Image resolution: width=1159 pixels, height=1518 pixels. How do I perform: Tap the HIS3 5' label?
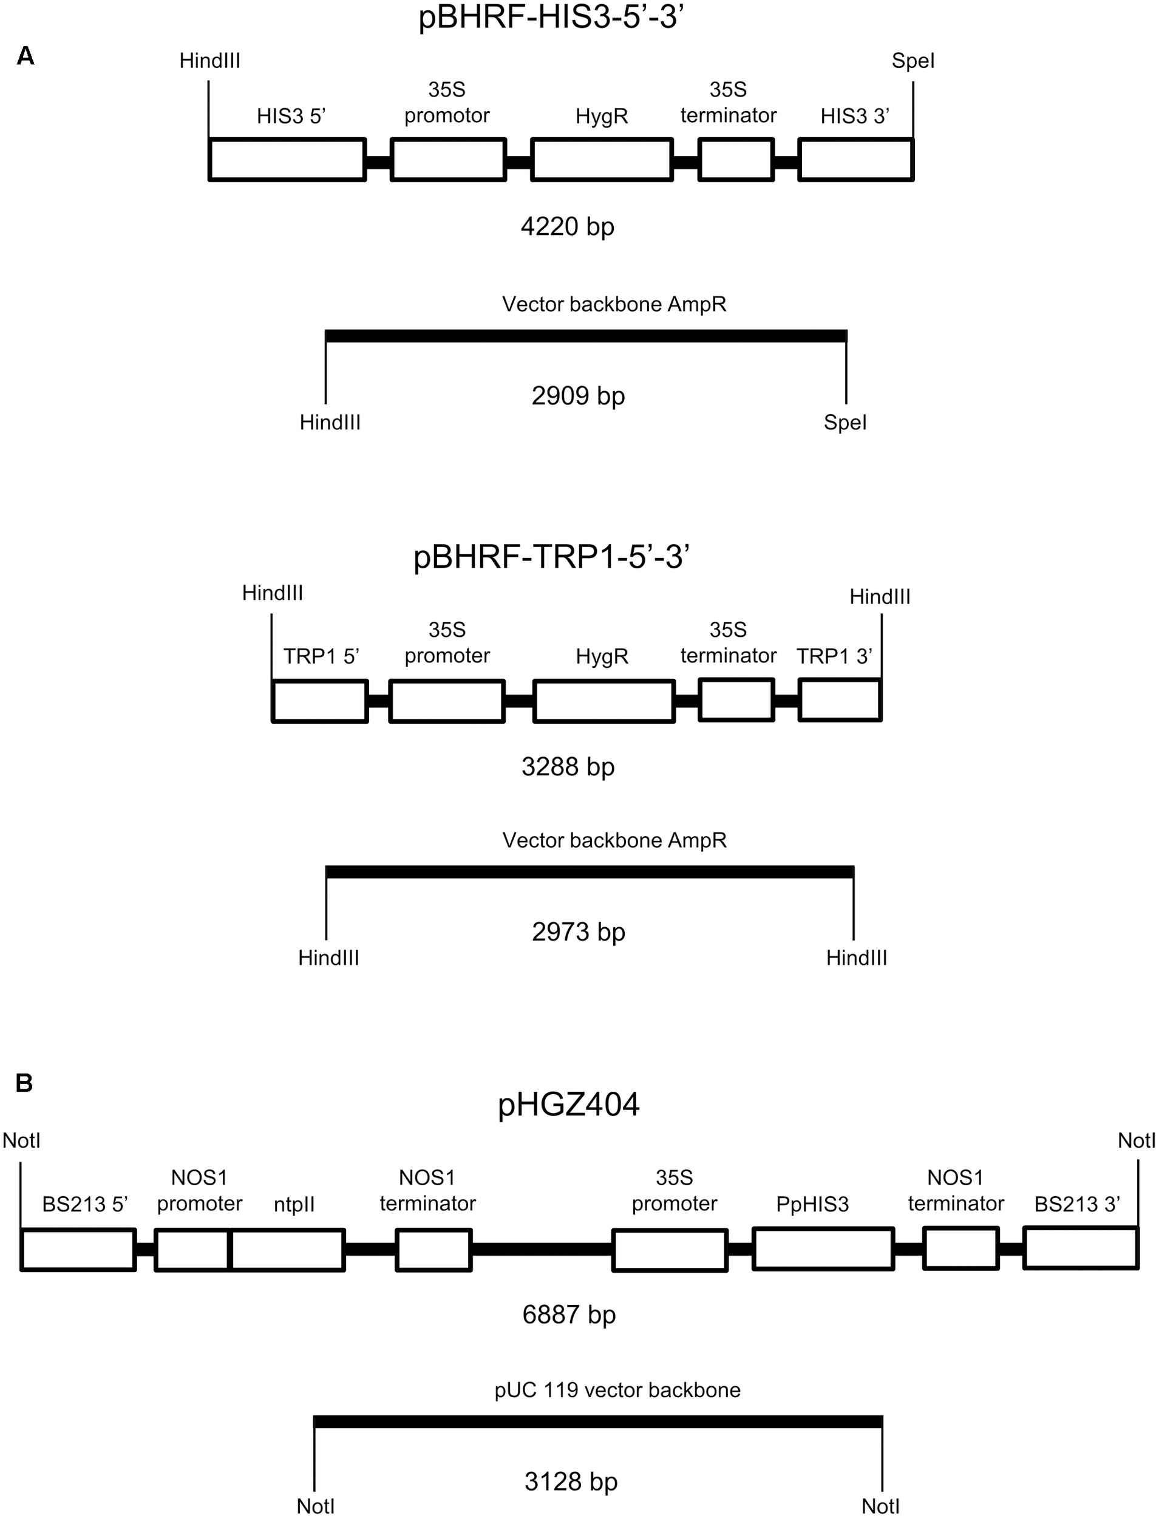click(x=290, y=116)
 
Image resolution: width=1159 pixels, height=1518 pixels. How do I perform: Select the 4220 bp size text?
click(x=567, y=226)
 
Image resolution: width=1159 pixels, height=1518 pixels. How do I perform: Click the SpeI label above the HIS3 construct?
click(x=913, y=61)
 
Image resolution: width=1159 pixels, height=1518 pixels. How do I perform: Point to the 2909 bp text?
click(x=578, y=395)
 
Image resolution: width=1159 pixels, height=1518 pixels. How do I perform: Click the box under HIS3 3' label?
click(x=855, y=160)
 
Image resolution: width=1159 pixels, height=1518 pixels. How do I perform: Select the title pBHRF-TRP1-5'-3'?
click(x=551, y=556)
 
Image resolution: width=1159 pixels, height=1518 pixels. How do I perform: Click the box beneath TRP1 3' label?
click(x=840, y=700)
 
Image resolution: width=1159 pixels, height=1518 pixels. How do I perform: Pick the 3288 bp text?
click(x=568, y=766)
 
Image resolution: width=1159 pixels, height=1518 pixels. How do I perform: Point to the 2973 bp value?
click(x=578, y=931)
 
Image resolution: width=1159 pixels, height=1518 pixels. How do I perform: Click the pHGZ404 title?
click(x=568, y=1104)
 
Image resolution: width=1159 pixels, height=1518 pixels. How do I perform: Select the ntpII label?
click(x=294, y=1205)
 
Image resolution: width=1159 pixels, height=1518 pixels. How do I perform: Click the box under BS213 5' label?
click(x=78, y=1249)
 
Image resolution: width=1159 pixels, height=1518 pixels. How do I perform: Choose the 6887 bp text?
click(x=568, y=1315)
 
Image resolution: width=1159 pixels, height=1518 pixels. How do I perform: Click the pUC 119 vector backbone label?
click(x=617, y=1390)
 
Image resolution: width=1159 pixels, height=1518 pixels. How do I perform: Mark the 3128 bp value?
click(x=571, y=1481)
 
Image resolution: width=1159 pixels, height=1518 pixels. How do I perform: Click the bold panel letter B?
click(x=24, y=1083)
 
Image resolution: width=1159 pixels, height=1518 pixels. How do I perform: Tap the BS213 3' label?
click(x=1077, y=1205)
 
